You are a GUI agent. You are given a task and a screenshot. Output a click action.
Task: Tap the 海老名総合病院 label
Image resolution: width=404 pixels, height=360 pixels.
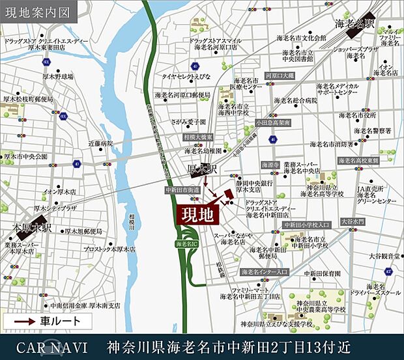click(x=296, y=100)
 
